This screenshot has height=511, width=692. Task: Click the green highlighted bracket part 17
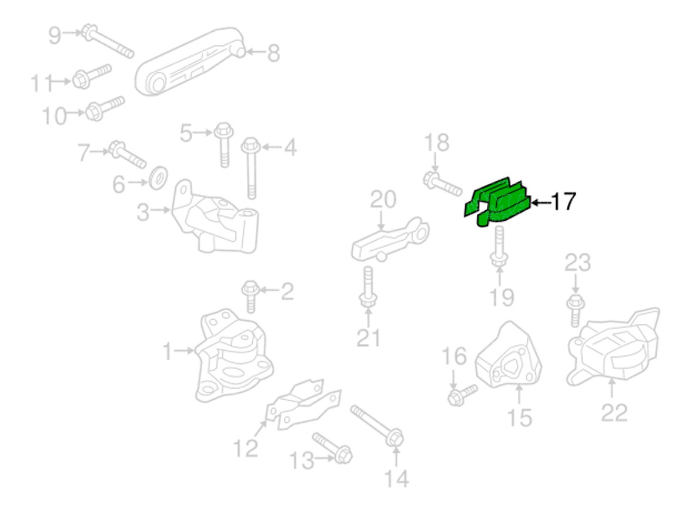click(x=499, y=201)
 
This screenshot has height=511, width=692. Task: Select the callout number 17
click(x=563, y=203)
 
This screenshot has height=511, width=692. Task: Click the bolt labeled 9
click(x=109, y=42)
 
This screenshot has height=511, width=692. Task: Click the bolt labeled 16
click(x=462, y=394)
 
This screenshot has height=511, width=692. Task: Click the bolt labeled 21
click(x=367, y=288)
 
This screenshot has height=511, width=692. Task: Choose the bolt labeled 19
click(x=498, y=246)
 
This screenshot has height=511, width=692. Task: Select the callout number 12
click(x=246, y=448)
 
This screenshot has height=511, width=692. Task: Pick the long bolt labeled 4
click(x=252, y=168)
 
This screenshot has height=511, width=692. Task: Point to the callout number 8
click(x=273, y=54)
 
